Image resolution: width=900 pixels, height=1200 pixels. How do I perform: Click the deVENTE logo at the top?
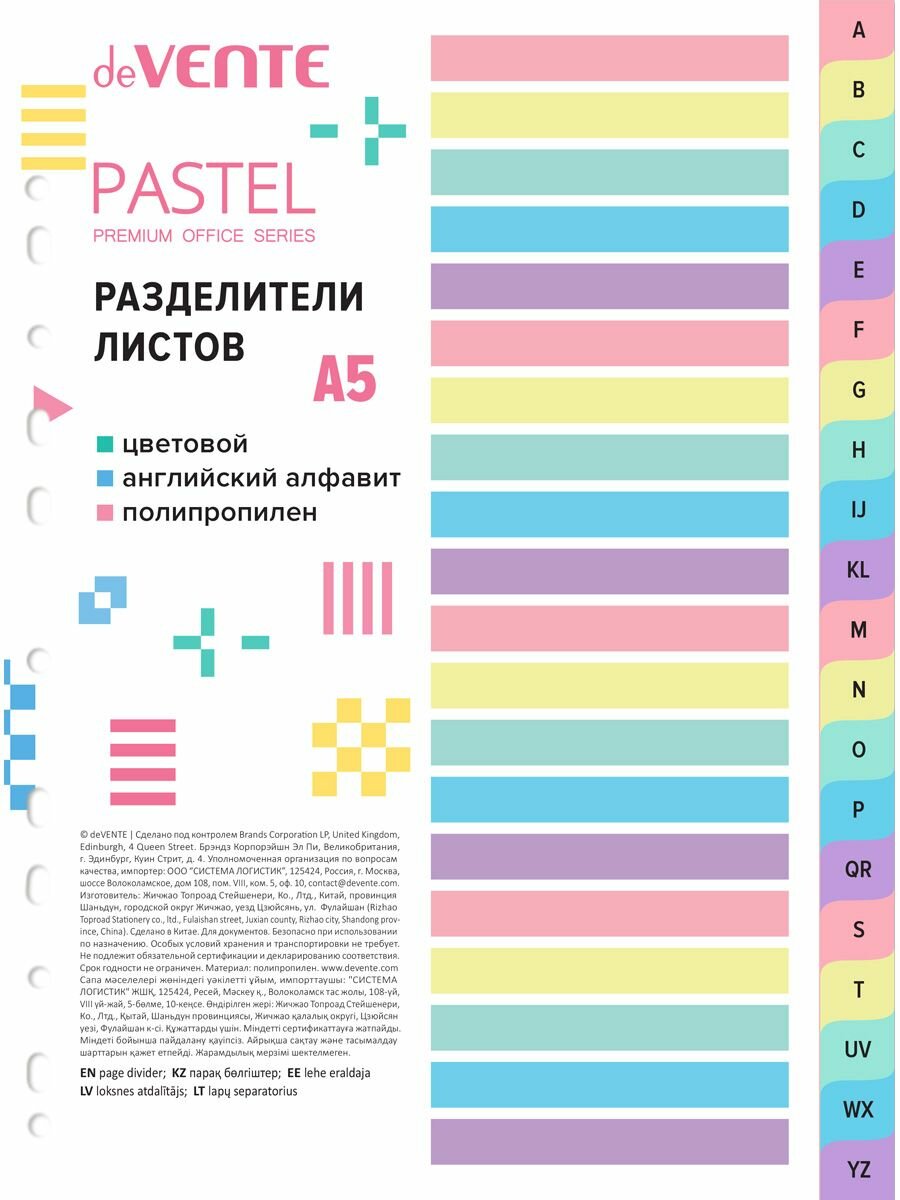(x=211, y=67)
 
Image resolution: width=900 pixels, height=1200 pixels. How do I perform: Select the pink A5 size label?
(x=345, y=379)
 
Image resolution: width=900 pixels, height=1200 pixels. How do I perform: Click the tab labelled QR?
(x=858, y=869)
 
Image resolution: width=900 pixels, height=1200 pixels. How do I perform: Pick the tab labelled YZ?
(x=858, y=1169)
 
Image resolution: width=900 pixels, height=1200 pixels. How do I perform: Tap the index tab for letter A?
(x=858, y=30)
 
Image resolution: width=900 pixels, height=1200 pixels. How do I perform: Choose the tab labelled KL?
(x=858, y=570)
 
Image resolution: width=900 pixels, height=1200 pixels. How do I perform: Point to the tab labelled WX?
(x=858, y=1109)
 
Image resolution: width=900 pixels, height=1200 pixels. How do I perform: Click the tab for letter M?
(x=858, y=630)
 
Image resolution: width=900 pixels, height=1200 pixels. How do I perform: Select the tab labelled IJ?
(x=858, y=510)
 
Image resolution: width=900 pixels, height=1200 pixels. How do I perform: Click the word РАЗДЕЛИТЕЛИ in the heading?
(x=228, y=297)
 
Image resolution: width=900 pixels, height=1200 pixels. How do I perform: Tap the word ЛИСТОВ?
(x=169, y=346)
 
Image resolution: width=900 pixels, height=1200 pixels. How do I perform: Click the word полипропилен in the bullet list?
(x=219, y=513)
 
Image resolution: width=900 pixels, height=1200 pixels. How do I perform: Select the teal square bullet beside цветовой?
(x=104, y=444)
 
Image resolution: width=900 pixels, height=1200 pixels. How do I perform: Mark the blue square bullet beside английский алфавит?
(x=104, y=479)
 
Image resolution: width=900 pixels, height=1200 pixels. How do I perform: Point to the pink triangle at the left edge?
(x=50, y=402)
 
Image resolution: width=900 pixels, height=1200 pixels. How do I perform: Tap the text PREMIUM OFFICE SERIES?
(x=204, y=236)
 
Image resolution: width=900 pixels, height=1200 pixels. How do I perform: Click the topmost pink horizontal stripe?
(x=609, y=58)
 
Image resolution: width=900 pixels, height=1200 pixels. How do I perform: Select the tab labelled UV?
(x=858, y=1049)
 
